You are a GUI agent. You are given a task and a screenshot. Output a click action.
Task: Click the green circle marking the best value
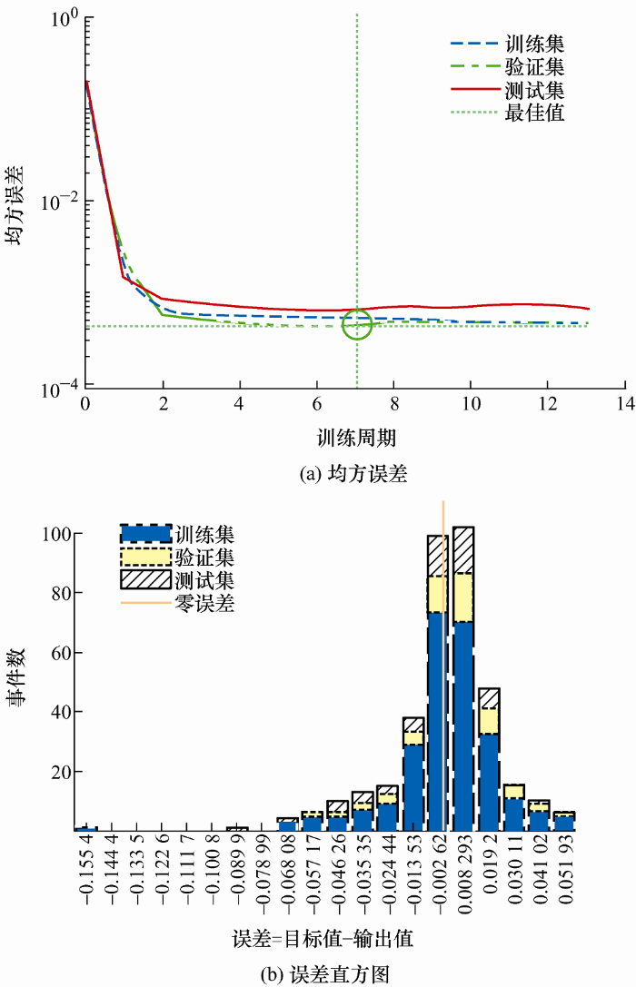pyautogui.click(x=357, y=325)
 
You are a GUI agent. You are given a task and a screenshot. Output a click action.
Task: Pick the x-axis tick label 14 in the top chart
pyautogui.click(x=623, y=402)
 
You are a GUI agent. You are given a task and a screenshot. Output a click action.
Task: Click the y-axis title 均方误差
pyautogui.click(x=19, y=207)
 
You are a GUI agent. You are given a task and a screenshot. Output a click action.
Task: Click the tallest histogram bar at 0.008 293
pyautogui.click(x=463, y=678)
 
